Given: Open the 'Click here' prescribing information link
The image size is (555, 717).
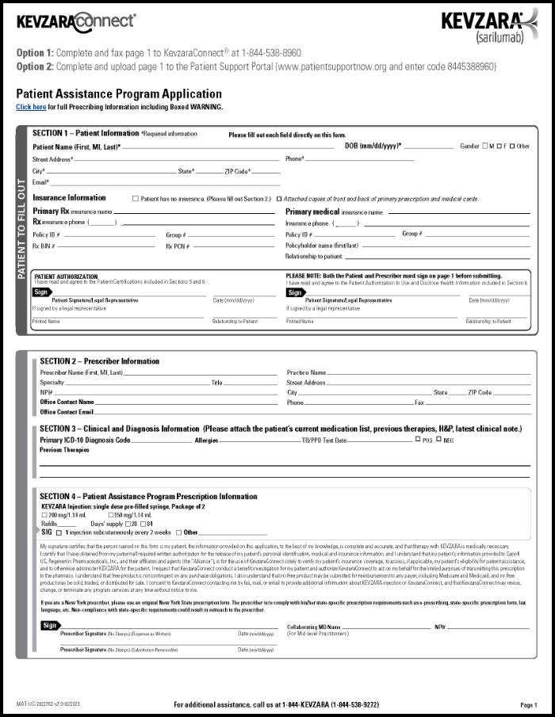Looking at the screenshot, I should pos(31,107).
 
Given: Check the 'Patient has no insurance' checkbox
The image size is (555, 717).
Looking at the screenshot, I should pos(136,198).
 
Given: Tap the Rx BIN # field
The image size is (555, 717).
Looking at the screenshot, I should pos(103,246).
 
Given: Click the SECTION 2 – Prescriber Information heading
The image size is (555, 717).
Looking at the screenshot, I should pos(99,361).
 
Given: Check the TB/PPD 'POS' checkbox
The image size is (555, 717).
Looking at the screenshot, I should pos(418,439).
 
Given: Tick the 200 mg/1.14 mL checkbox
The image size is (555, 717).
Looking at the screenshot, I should pos(44,516).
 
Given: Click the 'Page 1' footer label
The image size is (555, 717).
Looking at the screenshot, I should pos(528,704).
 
